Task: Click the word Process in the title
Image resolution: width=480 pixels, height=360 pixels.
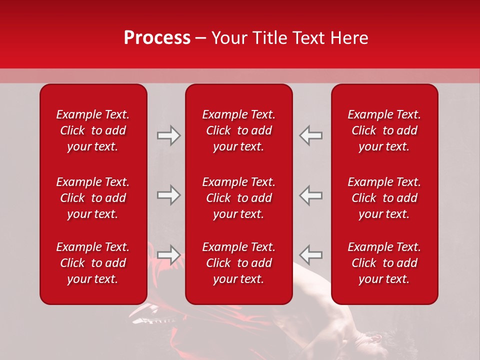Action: tap(157, 37)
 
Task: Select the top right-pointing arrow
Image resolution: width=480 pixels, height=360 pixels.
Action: tap(169, 135)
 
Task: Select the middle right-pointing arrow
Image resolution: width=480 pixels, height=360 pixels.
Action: tap(169, 195)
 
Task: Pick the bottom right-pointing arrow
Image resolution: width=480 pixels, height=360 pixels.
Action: tap(169, 254)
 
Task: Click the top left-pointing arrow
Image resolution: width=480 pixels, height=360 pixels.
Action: tap(310, 135)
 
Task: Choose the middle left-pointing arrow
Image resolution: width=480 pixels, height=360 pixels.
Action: tap(310, 195)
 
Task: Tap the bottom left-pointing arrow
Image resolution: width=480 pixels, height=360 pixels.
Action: tap(310, 254)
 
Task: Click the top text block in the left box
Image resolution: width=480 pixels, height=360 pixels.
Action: tap(93, 130)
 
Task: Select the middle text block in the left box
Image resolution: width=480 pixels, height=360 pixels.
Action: tap(93, 198)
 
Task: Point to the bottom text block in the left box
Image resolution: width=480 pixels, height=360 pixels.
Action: tap(93, 263)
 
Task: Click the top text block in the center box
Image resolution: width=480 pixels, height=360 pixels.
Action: tap(238, 130)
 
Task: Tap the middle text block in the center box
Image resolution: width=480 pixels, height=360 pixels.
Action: tap(238, 198)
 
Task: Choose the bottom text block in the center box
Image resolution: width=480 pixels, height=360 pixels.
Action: tap(238, 263)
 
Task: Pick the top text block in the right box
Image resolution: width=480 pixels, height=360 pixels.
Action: tap(384, 130)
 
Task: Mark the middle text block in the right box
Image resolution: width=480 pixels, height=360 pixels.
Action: tap(384, 198)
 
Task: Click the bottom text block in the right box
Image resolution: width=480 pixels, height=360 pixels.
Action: tap(384, 263)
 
